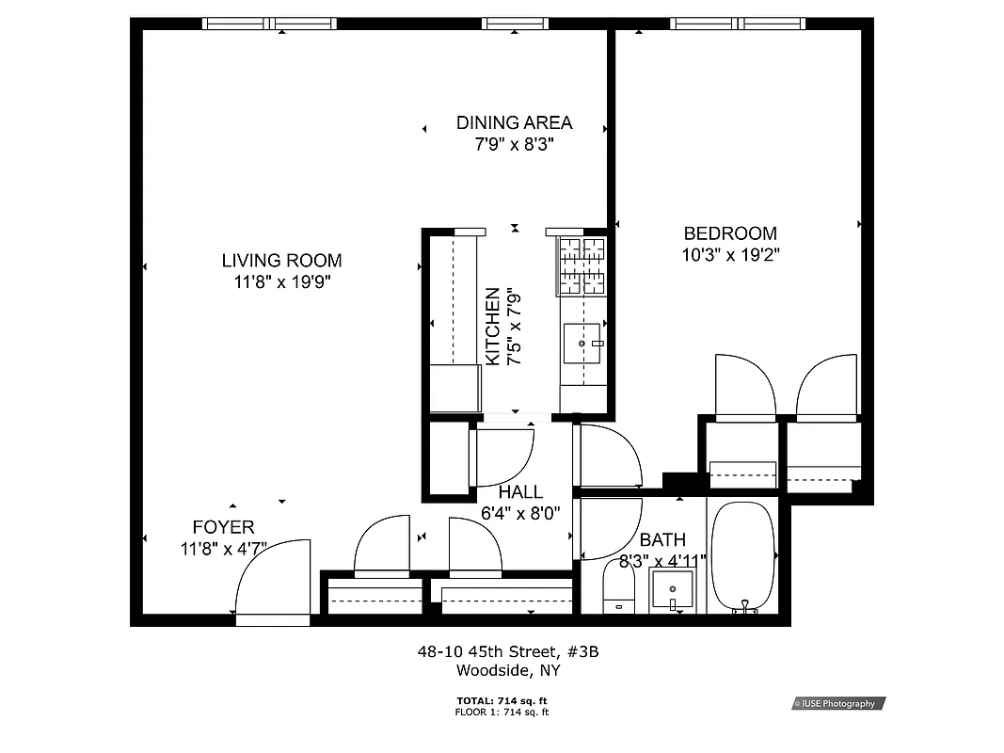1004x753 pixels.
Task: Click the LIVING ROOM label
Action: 281,261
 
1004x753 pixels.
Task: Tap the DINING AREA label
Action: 514,122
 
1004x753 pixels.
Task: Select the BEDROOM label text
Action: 730,233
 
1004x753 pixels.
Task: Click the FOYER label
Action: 223,527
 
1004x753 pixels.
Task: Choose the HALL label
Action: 520,492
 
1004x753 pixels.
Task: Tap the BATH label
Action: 662,540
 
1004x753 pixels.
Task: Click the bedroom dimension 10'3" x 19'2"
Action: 731,254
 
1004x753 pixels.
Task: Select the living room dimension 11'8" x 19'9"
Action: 281,281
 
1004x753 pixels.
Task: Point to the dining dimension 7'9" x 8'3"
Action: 514,144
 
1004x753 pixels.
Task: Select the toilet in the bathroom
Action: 618,592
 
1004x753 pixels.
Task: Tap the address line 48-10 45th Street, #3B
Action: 508,651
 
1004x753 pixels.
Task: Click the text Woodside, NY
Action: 508,670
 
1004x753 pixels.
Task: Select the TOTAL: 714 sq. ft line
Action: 502,701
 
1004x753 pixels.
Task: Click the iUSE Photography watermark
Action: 838,703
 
